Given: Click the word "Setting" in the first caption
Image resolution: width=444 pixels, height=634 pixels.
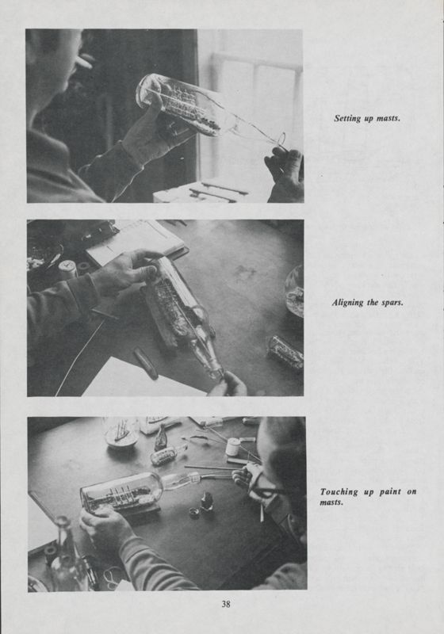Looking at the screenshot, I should point(347,118).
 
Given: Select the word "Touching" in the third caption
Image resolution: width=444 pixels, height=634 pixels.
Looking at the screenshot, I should point(339,492).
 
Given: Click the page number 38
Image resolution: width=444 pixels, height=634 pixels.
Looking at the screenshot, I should point(226,604).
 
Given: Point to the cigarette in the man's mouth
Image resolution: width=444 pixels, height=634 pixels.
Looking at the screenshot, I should point(82,61).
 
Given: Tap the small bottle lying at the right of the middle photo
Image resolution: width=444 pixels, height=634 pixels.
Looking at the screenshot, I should point(285,352).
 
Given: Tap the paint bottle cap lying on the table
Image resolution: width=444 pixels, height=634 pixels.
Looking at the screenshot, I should point(193,512).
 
